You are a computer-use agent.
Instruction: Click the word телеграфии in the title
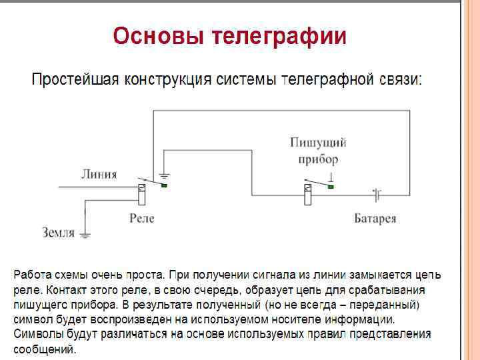(279, 36)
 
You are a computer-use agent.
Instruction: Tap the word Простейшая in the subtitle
(74, 81)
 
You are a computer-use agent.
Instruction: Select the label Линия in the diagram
(99, 175)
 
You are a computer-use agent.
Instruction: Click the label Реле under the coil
(141, 218)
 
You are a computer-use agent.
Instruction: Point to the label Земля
(58, 233)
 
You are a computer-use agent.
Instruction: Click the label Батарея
(375, 218)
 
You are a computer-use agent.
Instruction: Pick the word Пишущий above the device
(318, 143)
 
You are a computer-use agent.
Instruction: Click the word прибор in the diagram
(318, 159)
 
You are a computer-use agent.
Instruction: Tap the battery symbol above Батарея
(377, 195)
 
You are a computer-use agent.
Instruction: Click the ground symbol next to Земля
(85, 234)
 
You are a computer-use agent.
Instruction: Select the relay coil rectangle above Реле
(141, 195)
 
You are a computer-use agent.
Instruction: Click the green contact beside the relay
(163, 186)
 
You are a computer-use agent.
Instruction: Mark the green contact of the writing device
(329, 187)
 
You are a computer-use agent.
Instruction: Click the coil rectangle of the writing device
(307, 197)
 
